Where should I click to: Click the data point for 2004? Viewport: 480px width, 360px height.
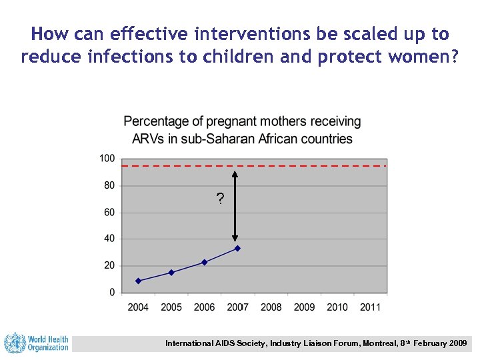[138, 281]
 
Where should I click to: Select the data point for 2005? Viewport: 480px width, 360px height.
[171, 272]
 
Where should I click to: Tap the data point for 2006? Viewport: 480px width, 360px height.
[204, 262]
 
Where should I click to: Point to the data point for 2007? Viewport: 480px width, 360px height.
[237, 248]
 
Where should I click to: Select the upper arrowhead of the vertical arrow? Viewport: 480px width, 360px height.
[235, 175]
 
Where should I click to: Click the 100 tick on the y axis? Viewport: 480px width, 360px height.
[107, 159]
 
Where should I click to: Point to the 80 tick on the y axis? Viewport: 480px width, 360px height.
[109, 185]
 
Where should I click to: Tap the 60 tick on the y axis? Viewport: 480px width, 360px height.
[109, 212]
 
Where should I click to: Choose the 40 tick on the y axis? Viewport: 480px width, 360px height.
[109, 239]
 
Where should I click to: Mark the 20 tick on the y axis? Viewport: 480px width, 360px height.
[109, 265]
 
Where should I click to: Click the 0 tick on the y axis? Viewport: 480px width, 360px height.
[111, 292]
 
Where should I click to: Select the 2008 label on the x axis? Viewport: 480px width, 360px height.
[271, 307]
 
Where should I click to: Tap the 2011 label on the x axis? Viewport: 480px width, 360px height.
[370, 307]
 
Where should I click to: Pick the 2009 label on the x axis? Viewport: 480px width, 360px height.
[304, 307]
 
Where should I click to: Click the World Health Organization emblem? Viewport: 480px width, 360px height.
[14, 343]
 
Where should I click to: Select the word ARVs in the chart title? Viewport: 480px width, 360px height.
[149, 139]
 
